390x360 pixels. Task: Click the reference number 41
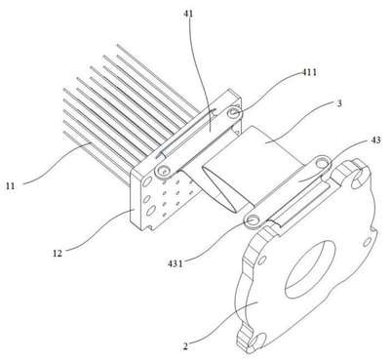188,14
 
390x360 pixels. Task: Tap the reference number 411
308,72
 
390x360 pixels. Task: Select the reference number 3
339,103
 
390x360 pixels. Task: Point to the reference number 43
376,140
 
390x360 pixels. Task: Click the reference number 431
175,263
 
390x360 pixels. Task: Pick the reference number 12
58,253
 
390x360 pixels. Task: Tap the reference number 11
10,186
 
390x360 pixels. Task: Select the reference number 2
185,346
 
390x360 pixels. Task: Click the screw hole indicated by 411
234,112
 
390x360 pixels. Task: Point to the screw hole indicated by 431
253,220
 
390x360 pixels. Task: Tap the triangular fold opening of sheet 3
222,189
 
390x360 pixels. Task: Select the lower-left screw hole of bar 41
163,170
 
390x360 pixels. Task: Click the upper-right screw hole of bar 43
323,162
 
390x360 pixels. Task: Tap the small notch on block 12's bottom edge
150,227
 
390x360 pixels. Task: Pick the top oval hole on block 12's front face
147,181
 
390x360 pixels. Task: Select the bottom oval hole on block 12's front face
150,212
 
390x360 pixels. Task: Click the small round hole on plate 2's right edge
367,242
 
